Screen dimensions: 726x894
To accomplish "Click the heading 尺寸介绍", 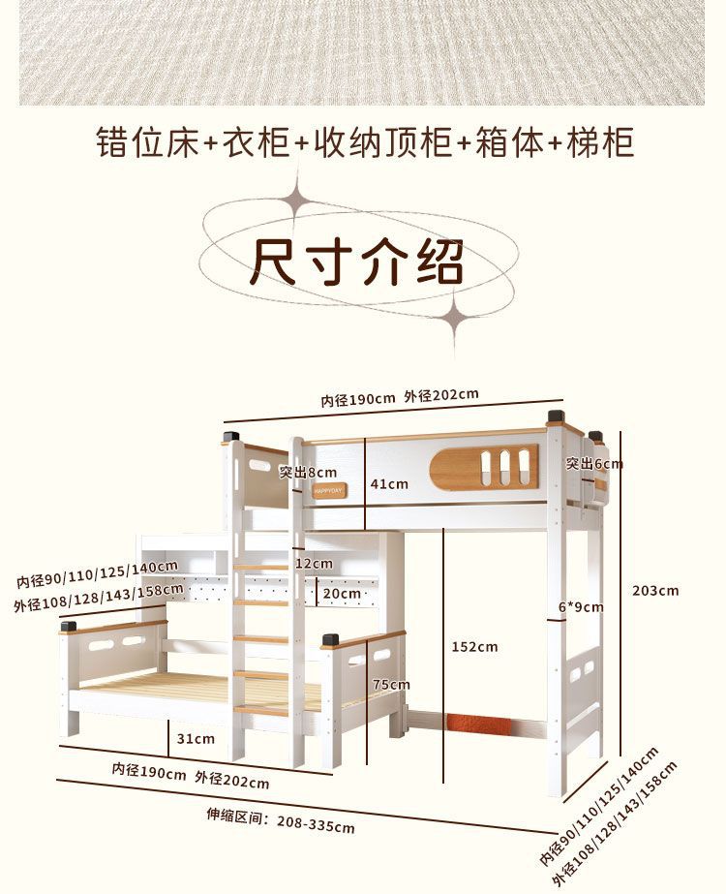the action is [357, 262].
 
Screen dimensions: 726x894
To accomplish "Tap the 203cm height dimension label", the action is [655, 590].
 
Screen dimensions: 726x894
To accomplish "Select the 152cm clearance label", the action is [474, 646].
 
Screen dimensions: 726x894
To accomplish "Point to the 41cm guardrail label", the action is [389, 483].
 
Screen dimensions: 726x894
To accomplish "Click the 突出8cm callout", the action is [308, 472].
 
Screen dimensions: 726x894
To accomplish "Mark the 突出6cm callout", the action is [594, 464].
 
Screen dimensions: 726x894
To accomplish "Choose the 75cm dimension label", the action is [392, 684].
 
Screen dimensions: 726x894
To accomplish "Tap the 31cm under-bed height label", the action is [196, 738].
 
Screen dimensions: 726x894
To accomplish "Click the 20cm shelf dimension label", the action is [342, 593].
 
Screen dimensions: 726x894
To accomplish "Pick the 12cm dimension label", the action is [314, 563].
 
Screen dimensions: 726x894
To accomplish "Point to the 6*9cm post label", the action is [581, 607].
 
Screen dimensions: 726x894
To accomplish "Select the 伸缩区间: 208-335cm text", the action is [281, 820].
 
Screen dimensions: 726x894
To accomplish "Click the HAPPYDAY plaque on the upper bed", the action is [328, 491].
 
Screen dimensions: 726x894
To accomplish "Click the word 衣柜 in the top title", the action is [257, 142].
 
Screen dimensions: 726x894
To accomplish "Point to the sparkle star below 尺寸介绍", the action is [453, 315].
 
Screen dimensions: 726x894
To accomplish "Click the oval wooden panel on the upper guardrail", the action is [484, 468].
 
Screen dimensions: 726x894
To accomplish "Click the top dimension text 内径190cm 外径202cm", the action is [400, 397].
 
